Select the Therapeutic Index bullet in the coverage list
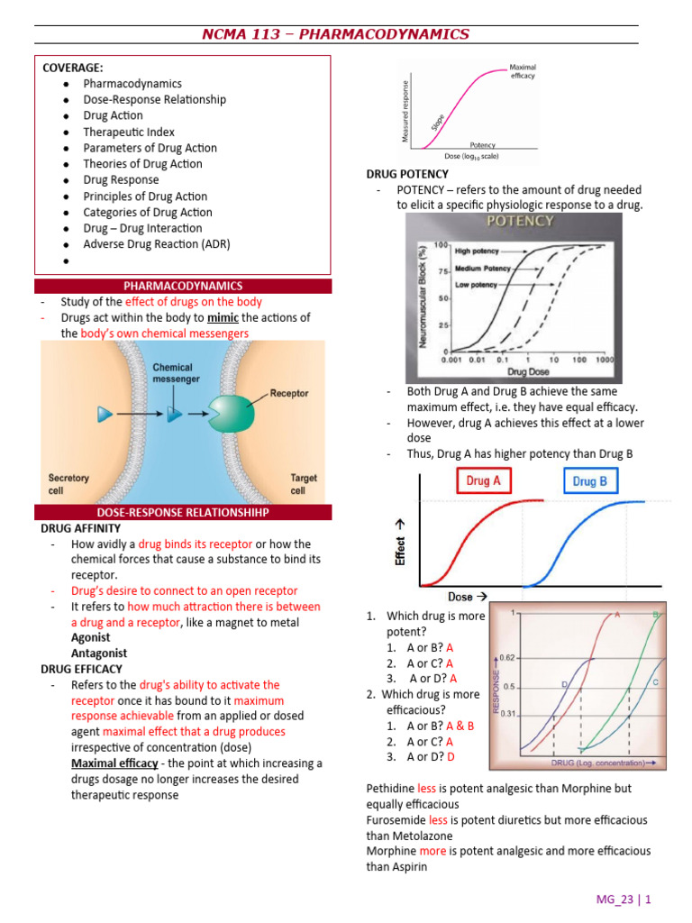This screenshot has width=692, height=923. pyautogui.click(x=128, y=132)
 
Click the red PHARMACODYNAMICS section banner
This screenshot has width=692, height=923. pyautogui.click(x=183, y=286)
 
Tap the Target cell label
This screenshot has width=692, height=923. pyautogui.click(x=303, y=484)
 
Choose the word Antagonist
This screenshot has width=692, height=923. pyautogui.click(x=99, y=653)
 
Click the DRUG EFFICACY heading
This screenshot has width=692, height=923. pyautogui.click(x=81, y=669)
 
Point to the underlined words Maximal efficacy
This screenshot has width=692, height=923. pyautogui.click(x=114, y=763)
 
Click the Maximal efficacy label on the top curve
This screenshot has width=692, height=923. pyautogui.click(x=522, y=71)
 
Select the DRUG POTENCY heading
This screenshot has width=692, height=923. pyautogui.click(x=407, y=174)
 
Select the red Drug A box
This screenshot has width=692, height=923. pyautogui.click(x=483, y=481)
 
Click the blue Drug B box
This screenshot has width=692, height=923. pyautogui.click(x=590, y=481)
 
